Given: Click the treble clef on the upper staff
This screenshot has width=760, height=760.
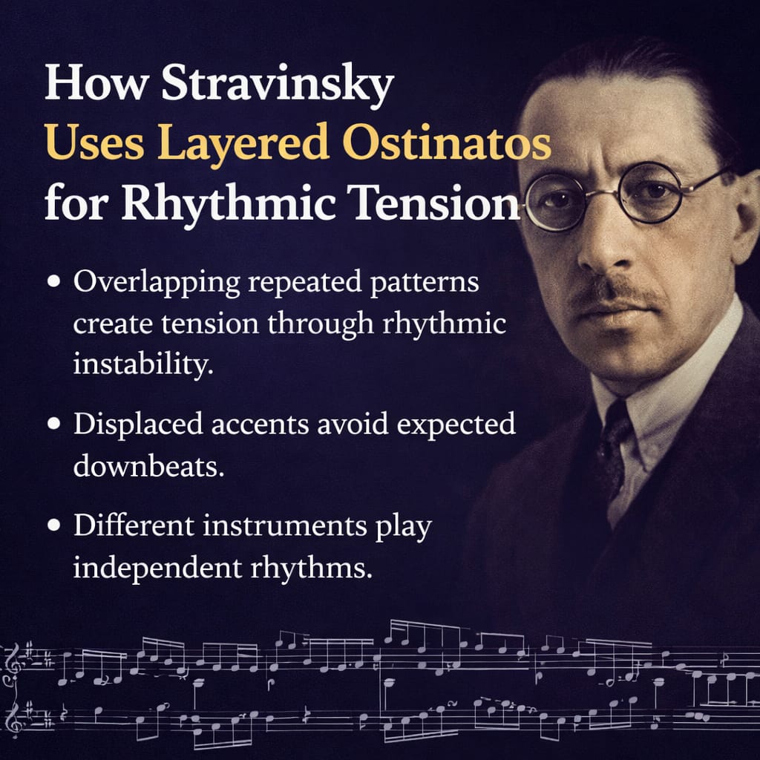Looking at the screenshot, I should tap(13, 661).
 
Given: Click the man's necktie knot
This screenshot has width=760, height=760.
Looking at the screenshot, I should tap(615, 425).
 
